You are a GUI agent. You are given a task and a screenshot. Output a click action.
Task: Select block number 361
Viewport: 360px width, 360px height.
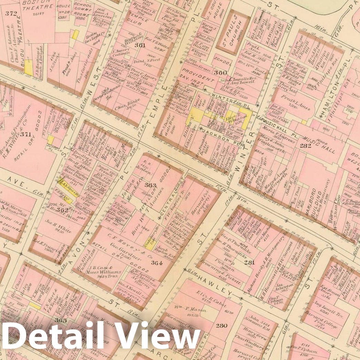[x=140, y=45]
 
